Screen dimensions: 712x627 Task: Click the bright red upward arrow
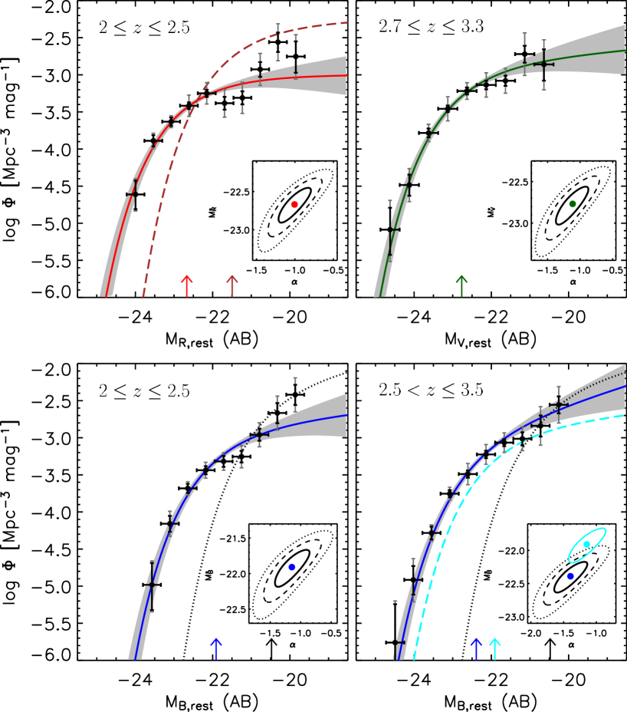(186, 285)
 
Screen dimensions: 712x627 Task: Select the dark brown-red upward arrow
(232, 285)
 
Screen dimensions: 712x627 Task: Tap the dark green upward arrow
(461, 285)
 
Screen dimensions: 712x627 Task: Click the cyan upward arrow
(494, 648)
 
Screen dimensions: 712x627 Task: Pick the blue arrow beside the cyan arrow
(476, 648)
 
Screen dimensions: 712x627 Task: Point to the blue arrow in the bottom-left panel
(216, 648)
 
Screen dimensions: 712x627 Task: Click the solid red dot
(294, 204)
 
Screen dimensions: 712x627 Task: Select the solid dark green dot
(572, 204)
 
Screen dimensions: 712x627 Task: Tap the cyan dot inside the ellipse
(586, 544)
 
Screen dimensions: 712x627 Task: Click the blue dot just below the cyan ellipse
(570, 575)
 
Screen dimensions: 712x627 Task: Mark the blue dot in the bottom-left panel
(291, 567)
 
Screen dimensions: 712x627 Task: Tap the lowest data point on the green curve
(390, 229)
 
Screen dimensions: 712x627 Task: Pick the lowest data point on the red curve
(135, 195)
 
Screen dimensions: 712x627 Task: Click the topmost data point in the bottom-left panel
(294, 394)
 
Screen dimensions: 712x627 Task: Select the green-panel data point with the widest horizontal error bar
(543, 64)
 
